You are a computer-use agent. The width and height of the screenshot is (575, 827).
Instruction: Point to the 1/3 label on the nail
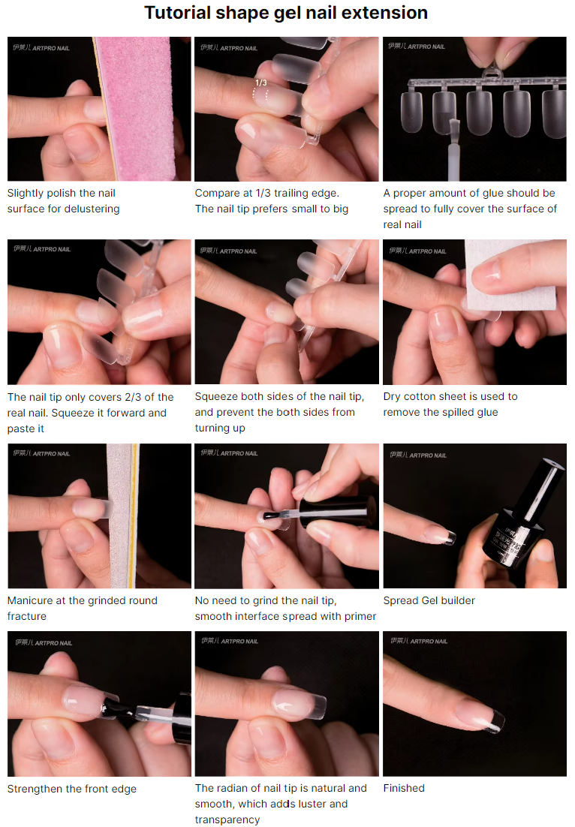point(260,83)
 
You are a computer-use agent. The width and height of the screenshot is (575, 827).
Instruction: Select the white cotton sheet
point(510,274)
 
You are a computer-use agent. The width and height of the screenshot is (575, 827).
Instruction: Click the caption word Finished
point(404,788)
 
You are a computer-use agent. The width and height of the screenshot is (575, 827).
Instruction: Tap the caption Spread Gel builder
point(429,600)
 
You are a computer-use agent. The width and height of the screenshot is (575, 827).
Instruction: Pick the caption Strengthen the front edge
point(72,789)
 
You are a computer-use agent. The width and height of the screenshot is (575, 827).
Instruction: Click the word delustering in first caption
point(92,209)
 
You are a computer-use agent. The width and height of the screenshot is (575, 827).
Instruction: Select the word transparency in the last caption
point(227,819)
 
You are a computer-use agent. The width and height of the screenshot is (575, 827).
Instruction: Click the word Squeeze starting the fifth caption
point(215,397)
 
